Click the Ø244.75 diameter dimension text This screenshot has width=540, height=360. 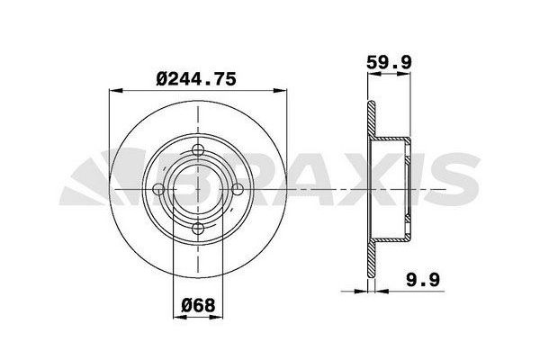click(195, 79)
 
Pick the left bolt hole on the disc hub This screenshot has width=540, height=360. click(158, 189)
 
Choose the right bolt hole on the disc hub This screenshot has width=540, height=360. click(236, 189)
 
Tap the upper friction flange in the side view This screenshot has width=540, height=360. click(370, 117)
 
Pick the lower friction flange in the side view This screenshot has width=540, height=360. click(370, 261)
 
